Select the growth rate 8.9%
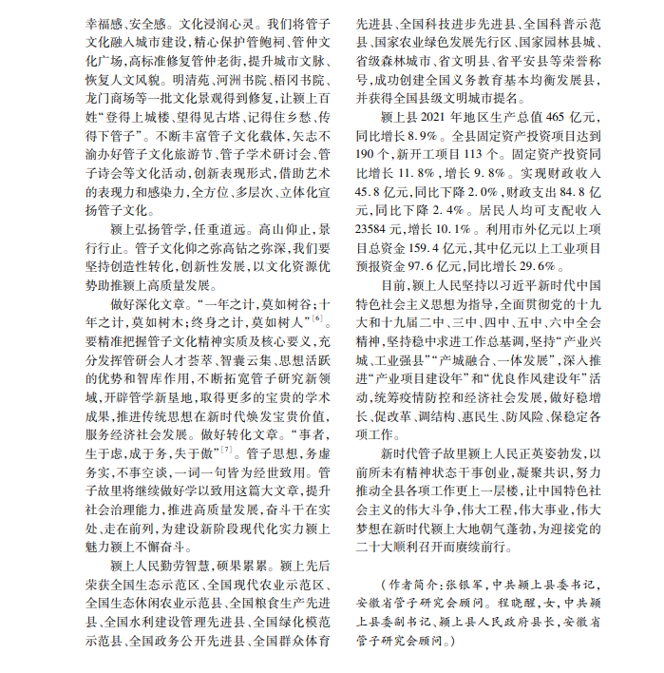pyautogui.click(x=417, y=134)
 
